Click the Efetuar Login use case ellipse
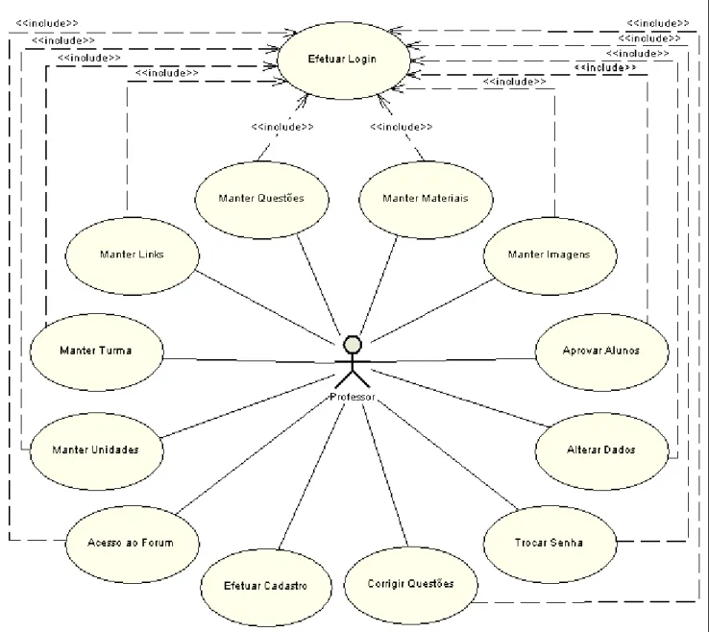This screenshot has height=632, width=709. click(x=343, y=61)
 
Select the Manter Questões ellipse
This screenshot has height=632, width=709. click(x=262, y=200)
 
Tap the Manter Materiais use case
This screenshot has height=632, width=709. click(x=426, y=200)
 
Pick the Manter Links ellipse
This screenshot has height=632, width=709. click(x=132, y=255)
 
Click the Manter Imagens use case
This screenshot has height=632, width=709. click(x=550, y=255)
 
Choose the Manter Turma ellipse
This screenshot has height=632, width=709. click(x=97, y=352)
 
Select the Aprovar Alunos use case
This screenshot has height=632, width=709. click(x=601, y=352)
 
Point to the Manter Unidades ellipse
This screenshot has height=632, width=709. click(x=97, y=451)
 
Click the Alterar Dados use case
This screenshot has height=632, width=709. click(x=601, y=451)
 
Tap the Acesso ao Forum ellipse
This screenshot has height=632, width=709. click(x=132, y=545)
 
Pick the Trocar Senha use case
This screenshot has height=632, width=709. click(x=550, y=545)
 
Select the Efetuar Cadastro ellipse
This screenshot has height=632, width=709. click(x=266, y=588)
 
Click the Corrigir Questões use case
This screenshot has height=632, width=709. click(x=410, y=586)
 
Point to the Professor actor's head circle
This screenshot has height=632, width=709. click(x=353, y=345)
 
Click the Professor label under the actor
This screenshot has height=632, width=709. click(x=353, y=397)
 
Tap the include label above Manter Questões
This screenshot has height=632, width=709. click(x=282, y=127)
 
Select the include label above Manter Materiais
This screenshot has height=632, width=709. click(x=401, y=127)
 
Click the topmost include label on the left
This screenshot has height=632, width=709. click(x=47, y=23)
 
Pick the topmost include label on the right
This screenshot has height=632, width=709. click(x=658, y=23)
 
